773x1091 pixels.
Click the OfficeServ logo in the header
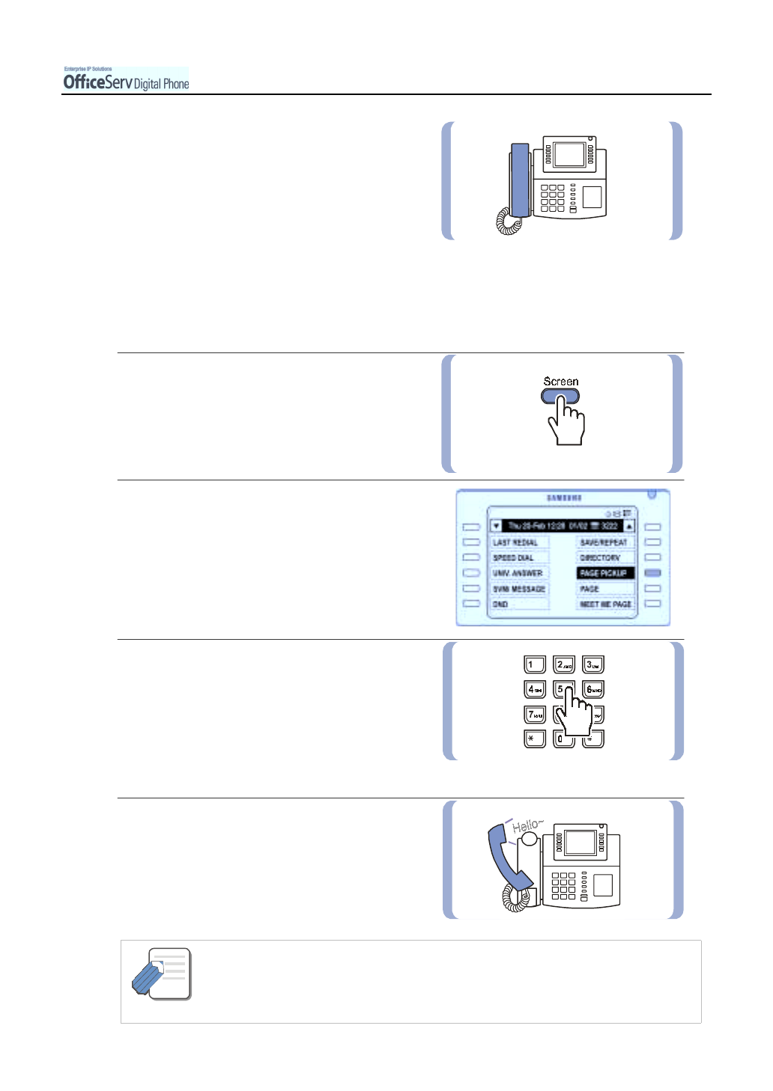[125, 80]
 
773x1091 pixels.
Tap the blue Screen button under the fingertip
[560, 396]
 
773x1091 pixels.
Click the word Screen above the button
[561, 382]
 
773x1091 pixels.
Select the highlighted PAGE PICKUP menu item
[604, 573]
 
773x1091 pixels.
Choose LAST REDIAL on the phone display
[517, 543]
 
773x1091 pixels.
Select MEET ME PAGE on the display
[605, 604]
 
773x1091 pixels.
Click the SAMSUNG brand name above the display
[564, 498]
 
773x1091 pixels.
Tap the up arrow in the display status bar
[629, 526]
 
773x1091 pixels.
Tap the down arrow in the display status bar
[496, 526]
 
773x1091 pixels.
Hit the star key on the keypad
[533, 739]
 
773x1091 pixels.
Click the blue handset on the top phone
[519, 180]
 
